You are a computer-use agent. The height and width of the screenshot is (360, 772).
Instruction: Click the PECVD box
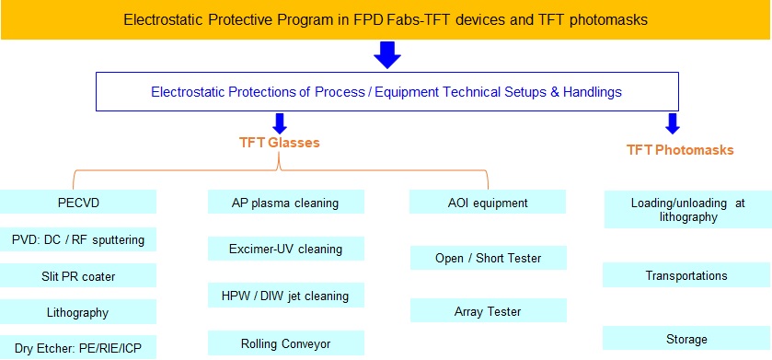click(78, 202)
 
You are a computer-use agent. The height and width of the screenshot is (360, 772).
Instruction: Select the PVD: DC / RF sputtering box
click(78, 239)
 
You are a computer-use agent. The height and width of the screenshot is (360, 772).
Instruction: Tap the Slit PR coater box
click(78, 276)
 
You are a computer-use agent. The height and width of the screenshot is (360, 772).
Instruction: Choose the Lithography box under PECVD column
click(78, 312)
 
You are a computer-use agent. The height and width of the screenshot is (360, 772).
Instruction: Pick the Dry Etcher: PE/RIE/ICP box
click(78, 348)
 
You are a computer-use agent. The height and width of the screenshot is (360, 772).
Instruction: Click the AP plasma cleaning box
click(285, 202)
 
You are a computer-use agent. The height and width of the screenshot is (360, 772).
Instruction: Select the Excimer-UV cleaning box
click(285, 249)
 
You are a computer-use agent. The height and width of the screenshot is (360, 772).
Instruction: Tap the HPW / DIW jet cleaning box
click(285, 296)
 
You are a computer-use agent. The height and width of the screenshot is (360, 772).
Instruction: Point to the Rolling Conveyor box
click(285, 343)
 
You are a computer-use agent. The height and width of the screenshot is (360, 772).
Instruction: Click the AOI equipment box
click(488, 202)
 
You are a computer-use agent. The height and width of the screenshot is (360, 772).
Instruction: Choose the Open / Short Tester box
click(488, 258)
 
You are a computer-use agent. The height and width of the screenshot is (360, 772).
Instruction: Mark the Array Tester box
click(488, 311)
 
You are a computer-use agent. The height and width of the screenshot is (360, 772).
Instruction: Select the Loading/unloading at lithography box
click(688, 209)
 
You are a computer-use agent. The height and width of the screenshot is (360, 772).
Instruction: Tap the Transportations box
click(686, 275)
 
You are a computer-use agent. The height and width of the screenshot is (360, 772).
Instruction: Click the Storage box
click(686, 338)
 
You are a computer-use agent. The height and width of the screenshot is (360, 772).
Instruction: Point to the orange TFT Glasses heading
click(279, 143)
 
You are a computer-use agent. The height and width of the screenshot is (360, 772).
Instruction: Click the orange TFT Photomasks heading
click(680, 150)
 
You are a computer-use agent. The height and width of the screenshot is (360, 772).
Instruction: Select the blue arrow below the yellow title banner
click(387, 54)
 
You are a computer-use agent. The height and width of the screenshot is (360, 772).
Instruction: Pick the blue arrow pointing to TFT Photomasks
click(672, 123)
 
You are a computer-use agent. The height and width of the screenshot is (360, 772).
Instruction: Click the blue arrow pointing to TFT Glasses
click(279, 123)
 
